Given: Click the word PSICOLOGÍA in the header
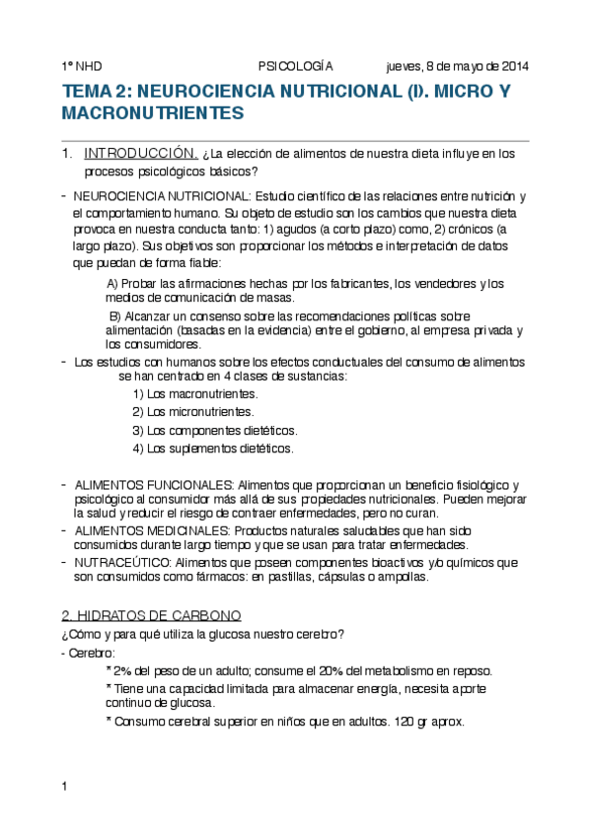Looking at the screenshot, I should (x=295, y=66).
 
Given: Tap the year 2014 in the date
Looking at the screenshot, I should (x=513, y=66).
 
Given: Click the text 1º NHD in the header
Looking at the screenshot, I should (x=81, y=66).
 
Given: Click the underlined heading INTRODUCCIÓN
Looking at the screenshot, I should (x=141, y=154).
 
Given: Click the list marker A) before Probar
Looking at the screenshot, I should (x=112, y=284).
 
